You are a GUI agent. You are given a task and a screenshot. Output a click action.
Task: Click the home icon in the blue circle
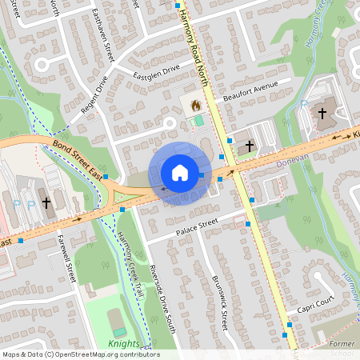[179, 173]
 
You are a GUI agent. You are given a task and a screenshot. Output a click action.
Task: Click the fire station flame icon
[194, 104]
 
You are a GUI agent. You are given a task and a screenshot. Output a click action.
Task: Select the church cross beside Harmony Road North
[250, 146]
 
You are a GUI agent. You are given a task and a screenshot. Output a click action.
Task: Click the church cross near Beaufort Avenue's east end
[322, 113]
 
